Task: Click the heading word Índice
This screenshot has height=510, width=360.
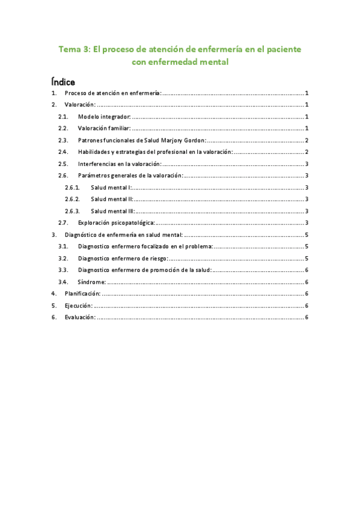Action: coord(63,81)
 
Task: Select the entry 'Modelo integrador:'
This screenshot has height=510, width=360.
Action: coord(104,116)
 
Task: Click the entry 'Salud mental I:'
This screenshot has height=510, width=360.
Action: coord(112,188)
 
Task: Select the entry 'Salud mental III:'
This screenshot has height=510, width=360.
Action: coord(113,211)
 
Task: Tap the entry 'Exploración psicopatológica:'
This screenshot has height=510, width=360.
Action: coord(116,223)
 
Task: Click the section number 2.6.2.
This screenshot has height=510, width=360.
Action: coord(72,199)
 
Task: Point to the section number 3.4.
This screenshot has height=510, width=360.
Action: coord(63,281)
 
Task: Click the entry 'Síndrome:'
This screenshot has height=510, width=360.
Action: coord(92,281)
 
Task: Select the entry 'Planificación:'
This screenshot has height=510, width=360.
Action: coord(82,293)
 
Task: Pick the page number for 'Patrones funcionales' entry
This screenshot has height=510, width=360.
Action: coord(307,140)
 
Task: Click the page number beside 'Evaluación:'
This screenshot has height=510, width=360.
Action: coord(307,317)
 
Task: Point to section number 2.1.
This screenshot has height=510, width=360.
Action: coord(63,116)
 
